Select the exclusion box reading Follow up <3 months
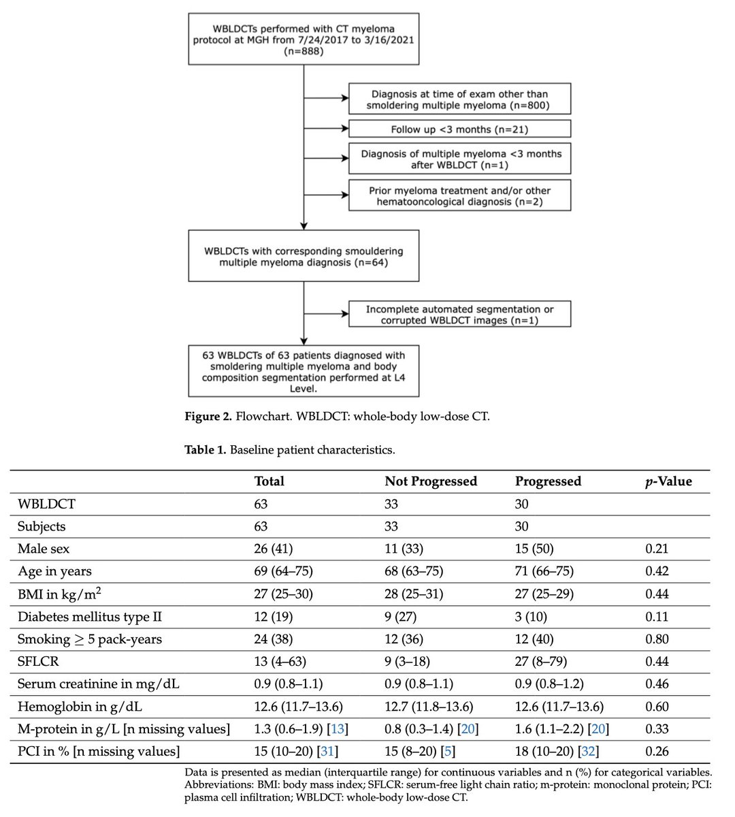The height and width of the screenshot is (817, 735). (x=459, y=129)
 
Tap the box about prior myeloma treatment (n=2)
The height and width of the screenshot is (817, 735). (x=459, y=195)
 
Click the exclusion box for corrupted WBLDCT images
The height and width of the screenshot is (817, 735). (x=459, y=315)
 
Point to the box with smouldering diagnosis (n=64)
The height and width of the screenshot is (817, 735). (x=304, y=256)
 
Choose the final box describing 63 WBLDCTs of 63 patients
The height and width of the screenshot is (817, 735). (x=304, y=370)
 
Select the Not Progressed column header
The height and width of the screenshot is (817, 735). (x=431, y=481)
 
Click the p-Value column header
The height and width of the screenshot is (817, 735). (x=668, y=481)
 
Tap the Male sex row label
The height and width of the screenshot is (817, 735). (x=44, y=549)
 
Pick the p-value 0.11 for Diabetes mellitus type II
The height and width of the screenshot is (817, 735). (x=657, y=616)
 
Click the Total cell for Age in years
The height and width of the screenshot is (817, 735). (x=283, y=571)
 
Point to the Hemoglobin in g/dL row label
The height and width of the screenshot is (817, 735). (x=79, y=707)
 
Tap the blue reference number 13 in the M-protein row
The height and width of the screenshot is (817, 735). (x=338, y=729)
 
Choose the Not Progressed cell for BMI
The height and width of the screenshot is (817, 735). (x=414, y=594)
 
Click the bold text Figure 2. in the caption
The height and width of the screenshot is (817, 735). (x=208, y=417)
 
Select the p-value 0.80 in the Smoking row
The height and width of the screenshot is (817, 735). (x=657, y=639)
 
